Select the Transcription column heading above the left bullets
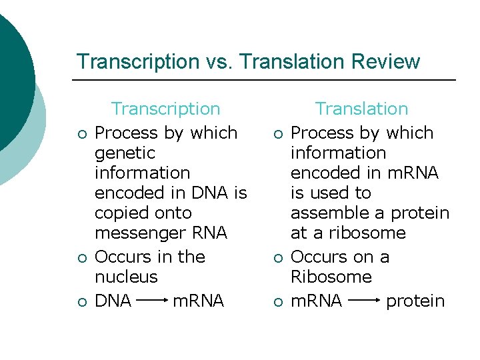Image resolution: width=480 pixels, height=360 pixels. pyautogui.click(x=165, y=109)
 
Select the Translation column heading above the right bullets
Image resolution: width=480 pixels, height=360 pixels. pyautogui.click(x=361, y=109)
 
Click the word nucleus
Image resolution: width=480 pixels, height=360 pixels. pyautogui.click(x=126, y=277)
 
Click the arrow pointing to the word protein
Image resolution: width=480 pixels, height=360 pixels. pyautogui.click(x=364, y=301)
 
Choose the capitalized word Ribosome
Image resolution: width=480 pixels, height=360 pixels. pyautogui.click(x=331, y=277)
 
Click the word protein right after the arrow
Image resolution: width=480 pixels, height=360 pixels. pyautogui.click(x=415, y=301)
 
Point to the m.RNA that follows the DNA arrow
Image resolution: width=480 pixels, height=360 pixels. pyautogui.click(x=198, y=301)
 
